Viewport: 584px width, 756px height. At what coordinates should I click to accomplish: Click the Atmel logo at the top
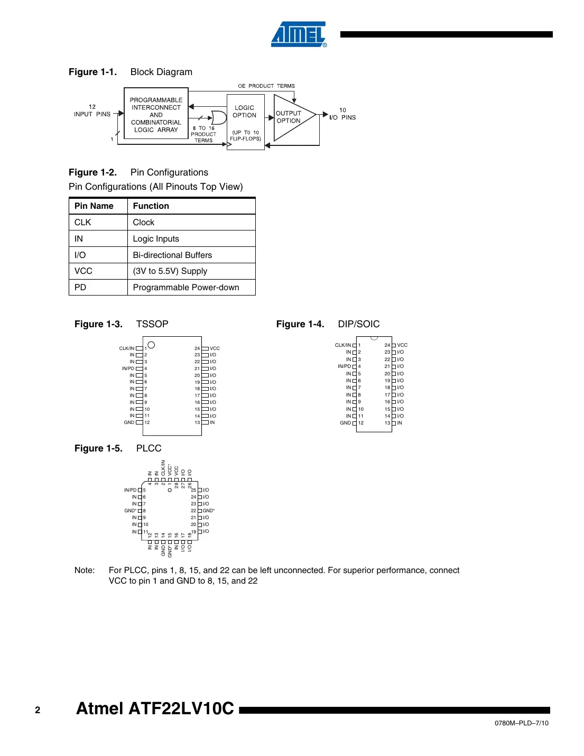coord(299,34)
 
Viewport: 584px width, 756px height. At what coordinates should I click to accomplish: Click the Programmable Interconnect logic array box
coord(156,115)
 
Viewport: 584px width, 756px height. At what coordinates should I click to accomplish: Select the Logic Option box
coord(245,122)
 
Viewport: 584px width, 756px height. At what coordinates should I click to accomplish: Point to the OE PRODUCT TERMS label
coord(266,86)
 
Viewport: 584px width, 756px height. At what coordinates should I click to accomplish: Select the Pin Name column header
coord(94,206)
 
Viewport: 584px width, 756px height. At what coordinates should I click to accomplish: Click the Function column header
coord(151,206)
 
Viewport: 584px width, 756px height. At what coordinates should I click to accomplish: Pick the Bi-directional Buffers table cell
coord(172,255)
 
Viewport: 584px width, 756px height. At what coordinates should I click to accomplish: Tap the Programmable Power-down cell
coord(186,288)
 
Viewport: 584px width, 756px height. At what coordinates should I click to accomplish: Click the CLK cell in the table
coord(83,223)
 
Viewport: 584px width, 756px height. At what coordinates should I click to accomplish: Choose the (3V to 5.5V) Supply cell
coord(170,271)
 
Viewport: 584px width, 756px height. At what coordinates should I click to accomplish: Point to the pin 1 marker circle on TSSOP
coord(151,345)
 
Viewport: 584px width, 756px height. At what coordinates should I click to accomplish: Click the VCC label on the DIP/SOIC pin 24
coord(402,345)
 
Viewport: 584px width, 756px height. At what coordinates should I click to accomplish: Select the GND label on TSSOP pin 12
coord(129,422)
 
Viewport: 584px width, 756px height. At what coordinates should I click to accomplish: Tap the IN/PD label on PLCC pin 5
coord(130,490)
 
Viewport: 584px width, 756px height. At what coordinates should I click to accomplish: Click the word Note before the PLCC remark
coord(85,570)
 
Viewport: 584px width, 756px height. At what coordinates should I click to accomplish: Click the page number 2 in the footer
coord(38,710)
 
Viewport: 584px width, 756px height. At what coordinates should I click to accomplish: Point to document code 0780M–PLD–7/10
coord(521,723)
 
